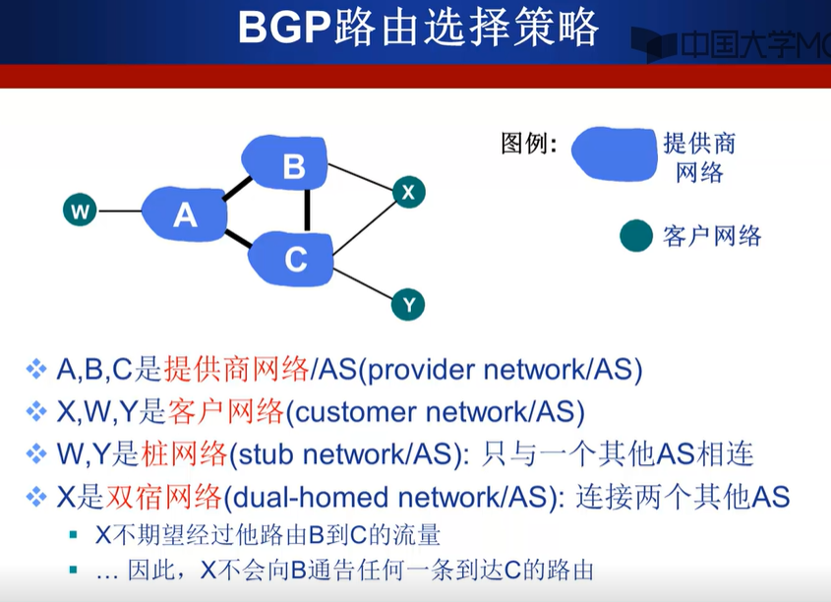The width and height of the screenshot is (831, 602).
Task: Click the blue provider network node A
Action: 184,213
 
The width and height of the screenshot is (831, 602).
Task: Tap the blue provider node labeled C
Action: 294,258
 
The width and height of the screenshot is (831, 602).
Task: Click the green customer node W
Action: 80,210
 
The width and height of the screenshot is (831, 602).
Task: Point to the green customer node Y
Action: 408,305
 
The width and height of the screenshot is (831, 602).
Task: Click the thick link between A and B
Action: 236,186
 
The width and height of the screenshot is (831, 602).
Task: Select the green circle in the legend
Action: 636,236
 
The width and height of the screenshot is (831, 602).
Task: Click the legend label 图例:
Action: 529,145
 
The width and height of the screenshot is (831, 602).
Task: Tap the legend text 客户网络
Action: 712,236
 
